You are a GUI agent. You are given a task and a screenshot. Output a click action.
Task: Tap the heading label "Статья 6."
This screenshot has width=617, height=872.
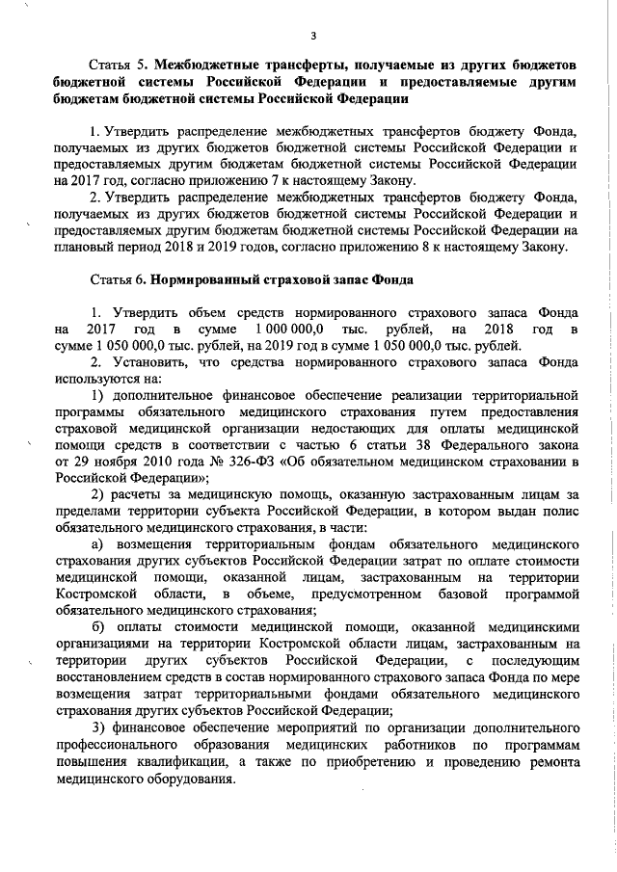tap(121, 279)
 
